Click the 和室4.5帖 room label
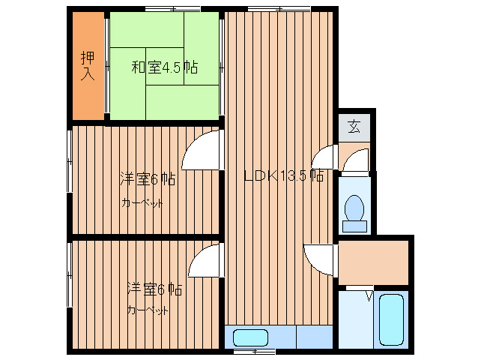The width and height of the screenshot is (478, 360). coord(165,68)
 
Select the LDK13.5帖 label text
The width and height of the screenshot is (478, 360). coord(284,177)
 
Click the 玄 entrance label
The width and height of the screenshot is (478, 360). coord(354,127)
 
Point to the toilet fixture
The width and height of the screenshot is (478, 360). coord(354,211)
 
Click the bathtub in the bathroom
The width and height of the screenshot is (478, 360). coord(391,319)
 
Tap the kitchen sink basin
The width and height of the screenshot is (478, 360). coord(250,337)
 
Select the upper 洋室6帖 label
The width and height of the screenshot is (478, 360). coord(148,179)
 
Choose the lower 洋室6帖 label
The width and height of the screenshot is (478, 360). coord(154,288)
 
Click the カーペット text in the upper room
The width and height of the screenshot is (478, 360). coord(142,203)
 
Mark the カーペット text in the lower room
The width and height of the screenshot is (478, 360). coord(148,310)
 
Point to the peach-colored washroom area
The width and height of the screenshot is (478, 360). coord(372,262)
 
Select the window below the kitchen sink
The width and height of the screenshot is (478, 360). coord(254,351)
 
